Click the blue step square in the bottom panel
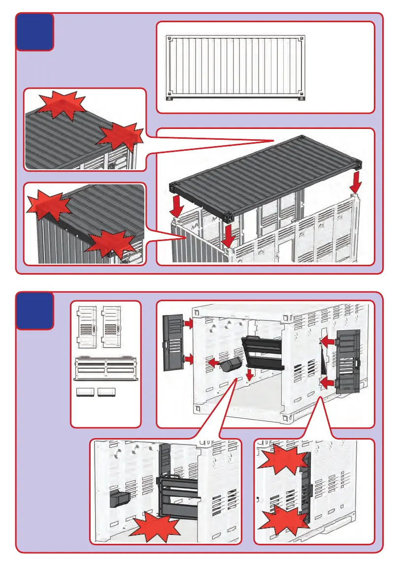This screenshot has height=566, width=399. pos(34,311)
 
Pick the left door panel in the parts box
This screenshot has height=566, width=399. pos(87,327)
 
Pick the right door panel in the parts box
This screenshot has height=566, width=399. pos(111,327)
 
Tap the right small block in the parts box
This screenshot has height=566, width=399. pos(107,392)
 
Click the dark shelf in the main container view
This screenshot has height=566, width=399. pos(264,352)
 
